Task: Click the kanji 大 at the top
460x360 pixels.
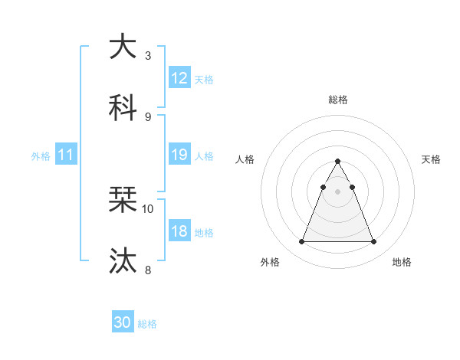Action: [123, 47]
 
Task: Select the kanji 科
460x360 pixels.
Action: [123, 108]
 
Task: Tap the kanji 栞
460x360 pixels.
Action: [123, 200]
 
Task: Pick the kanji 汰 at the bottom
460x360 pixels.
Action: [123, 261]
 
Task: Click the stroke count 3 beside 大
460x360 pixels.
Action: [148, 56]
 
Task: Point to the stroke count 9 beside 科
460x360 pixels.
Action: [148, 117]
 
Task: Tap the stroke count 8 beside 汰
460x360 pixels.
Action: [148, 270]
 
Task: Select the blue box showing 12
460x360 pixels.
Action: [179, 78]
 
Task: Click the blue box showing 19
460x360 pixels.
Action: [179, 155]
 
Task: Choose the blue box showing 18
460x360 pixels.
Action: [179, 231]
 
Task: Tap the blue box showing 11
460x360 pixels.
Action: [66, 155]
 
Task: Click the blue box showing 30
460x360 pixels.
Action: [123, 323]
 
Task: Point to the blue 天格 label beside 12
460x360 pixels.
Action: [204, 79]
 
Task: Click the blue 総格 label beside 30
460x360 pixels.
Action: [147, 324]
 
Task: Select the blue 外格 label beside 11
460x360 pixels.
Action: [41, 156]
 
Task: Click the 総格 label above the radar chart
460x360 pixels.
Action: [338, 100]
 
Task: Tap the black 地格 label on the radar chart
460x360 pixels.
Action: [402, 263]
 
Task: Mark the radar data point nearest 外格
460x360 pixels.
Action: [301, 242]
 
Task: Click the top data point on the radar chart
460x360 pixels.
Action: [338, 162]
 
